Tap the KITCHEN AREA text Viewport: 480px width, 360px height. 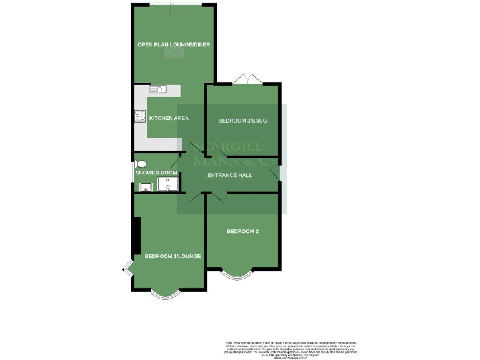(168, 118)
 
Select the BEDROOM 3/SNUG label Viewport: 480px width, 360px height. (242, 120)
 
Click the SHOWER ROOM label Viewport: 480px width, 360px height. (156, 172)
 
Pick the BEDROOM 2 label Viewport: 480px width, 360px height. (242, 231)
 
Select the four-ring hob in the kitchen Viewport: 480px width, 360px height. (140, 116)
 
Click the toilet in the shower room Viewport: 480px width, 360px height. (140, 164)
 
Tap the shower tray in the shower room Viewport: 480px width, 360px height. (168, 183)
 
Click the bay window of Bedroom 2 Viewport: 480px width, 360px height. (237, 274)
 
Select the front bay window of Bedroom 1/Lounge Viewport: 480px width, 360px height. (166, 294)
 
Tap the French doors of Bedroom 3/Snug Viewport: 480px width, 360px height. (248, 79)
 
